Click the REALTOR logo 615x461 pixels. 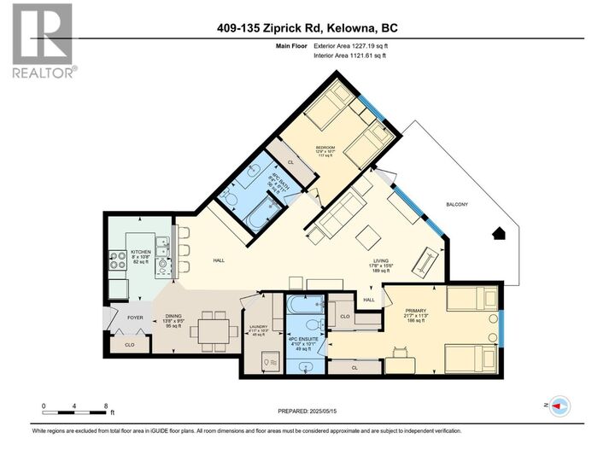click(x=42, y=40)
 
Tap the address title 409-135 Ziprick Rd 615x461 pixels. click(x=307, y=28)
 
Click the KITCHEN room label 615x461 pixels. click(x=140, y=252)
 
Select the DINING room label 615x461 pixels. click(x=174, y=316)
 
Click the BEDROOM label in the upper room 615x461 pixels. click(x=325, y=147)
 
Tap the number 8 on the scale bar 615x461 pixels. click(x=105, y=406)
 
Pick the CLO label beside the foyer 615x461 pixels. click(x=129, y=345)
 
